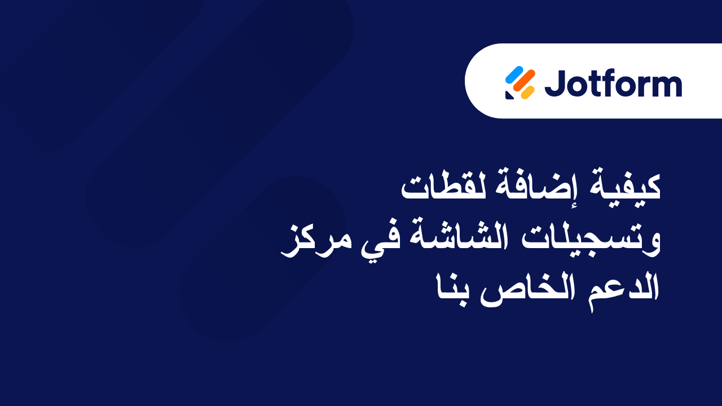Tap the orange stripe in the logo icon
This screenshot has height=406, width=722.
pos(525,83)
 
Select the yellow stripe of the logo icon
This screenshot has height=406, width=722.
pos(528,92)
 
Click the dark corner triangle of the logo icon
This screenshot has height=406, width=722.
pos(509,95)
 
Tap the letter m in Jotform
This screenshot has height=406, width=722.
pos(665,86)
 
